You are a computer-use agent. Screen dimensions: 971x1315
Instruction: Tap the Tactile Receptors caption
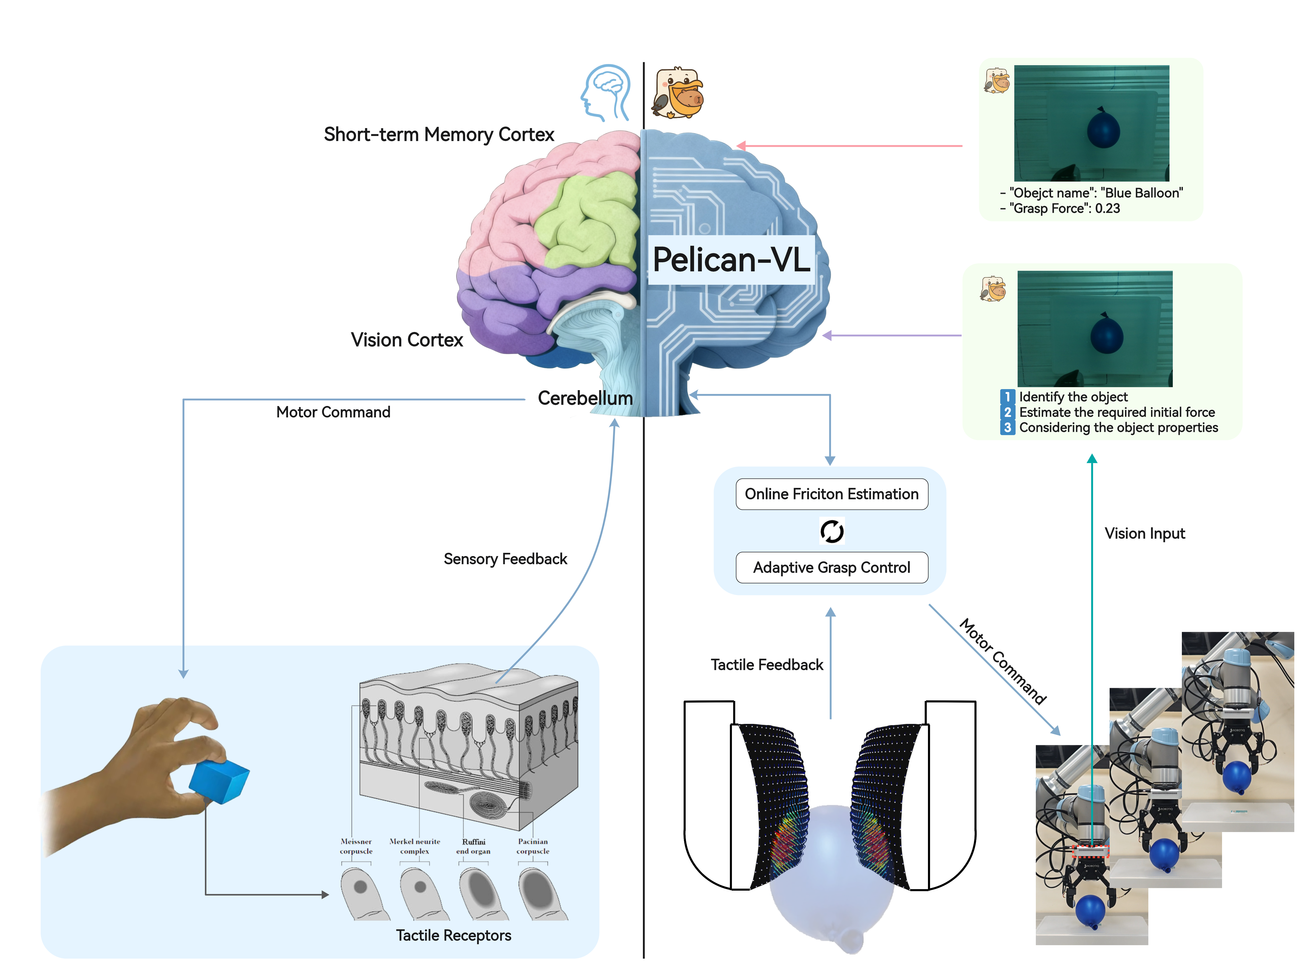click(453, 935)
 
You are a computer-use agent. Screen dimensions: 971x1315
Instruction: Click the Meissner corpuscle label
click(356, 846)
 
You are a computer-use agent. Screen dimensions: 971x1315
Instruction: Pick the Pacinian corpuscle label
click(533, 846)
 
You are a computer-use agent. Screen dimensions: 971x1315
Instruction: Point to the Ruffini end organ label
click(474, 846)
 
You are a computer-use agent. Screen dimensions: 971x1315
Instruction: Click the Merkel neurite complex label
click(415, 846)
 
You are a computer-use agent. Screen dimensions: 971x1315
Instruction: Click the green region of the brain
click(588, 220)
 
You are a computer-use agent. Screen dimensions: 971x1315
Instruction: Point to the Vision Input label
click(1145, 534)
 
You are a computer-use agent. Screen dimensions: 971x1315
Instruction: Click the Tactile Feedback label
click(767, 665)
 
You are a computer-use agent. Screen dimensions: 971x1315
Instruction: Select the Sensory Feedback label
click(505, 559)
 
